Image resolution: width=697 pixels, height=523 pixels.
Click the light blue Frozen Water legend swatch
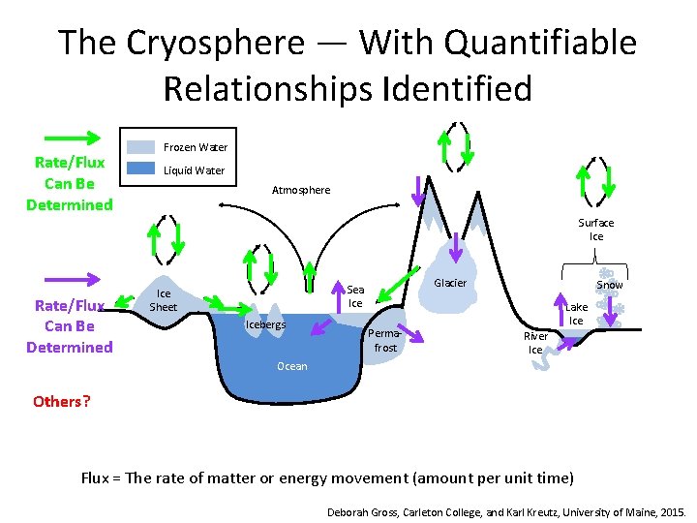pyautogui.click(x=141, y=147)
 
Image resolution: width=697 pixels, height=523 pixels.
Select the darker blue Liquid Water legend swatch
pyautogui.click(x=141, y=169)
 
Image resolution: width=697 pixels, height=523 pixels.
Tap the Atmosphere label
pyautogui.click(x=300, y=190)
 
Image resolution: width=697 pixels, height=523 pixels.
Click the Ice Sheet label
pyautogui.click(x=164, y=300)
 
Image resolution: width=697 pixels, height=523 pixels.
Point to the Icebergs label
pyautogui.click(x=265, y=324)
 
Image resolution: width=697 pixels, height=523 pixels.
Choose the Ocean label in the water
pyautogui.click(x=291, y=366)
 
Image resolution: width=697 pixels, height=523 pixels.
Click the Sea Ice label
pyautogui.click(x=355, y=296)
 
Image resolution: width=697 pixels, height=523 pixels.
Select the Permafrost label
pyautogui.click(x=385, y=340)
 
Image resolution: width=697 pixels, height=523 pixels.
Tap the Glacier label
pyautogui.click(x=449, y=283)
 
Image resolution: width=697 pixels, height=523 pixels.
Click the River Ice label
pyautogui.click(x=535, y=343)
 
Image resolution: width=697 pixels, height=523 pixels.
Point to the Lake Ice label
pyautogui.click(x=576, y=314)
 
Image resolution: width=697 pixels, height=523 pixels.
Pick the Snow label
pyautogui.click(x=609, y=285)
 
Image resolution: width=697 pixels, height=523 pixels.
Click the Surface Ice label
pyautogui.click(x=595, y=230)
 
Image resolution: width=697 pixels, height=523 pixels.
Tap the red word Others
pyautogui.click(x=56, y=401)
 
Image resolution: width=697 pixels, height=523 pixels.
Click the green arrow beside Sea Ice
pyautogui.click(x=393, y=286)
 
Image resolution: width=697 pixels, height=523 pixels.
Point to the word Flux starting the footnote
pyautogui.click(x=95, y=477)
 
